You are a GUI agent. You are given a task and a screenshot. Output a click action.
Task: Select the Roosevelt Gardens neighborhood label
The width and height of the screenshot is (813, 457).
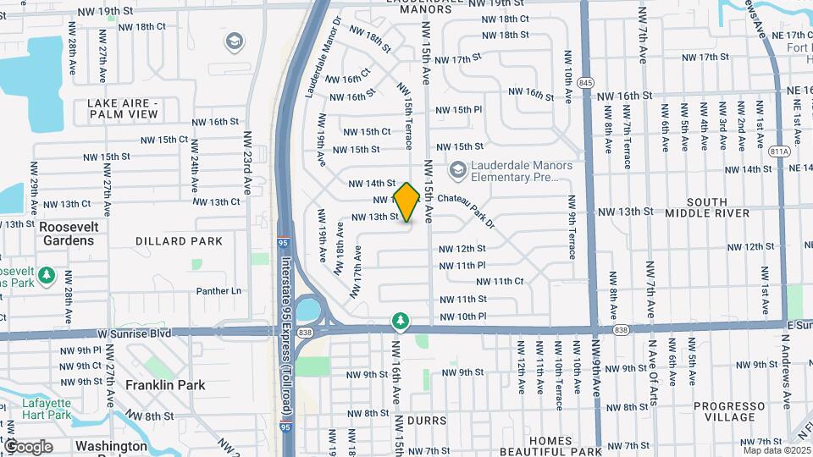tap(69, 234)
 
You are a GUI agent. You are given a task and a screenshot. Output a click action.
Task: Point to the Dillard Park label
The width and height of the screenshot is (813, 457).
tap(179, 241)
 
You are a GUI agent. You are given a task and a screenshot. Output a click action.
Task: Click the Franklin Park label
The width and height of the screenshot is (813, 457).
tap(165, 385)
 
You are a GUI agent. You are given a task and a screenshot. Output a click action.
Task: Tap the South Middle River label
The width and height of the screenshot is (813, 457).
tap(707, 207)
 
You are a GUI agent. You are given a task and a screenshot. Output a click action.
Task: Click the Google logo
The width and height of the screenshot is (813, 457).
tap(28, 446)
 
